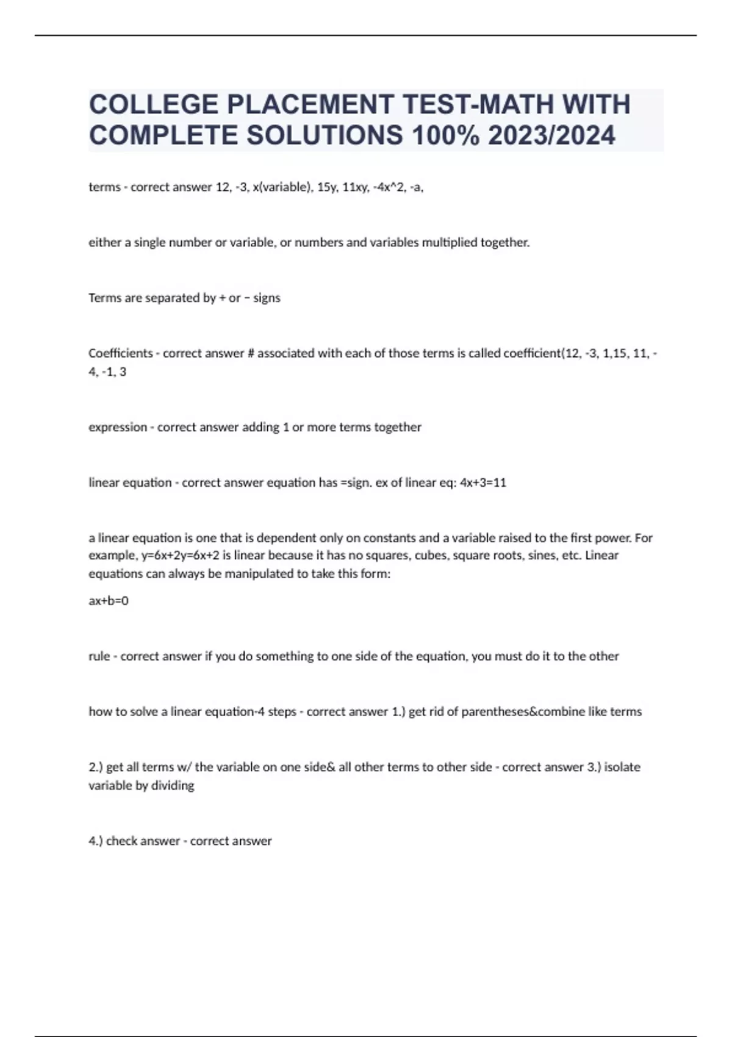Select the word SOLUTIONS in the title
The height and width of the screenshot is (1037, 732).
(x=325, y=135)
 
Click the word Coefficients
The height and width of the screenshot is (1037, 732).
(x=121, y=353)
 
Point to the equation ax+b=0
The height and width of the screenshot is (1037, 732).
(x=109, y=601)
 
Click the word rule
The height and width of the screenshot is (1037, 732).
(x=99, y=656)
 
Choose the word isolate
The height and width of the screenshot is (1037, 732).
(x=622, y=767)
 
